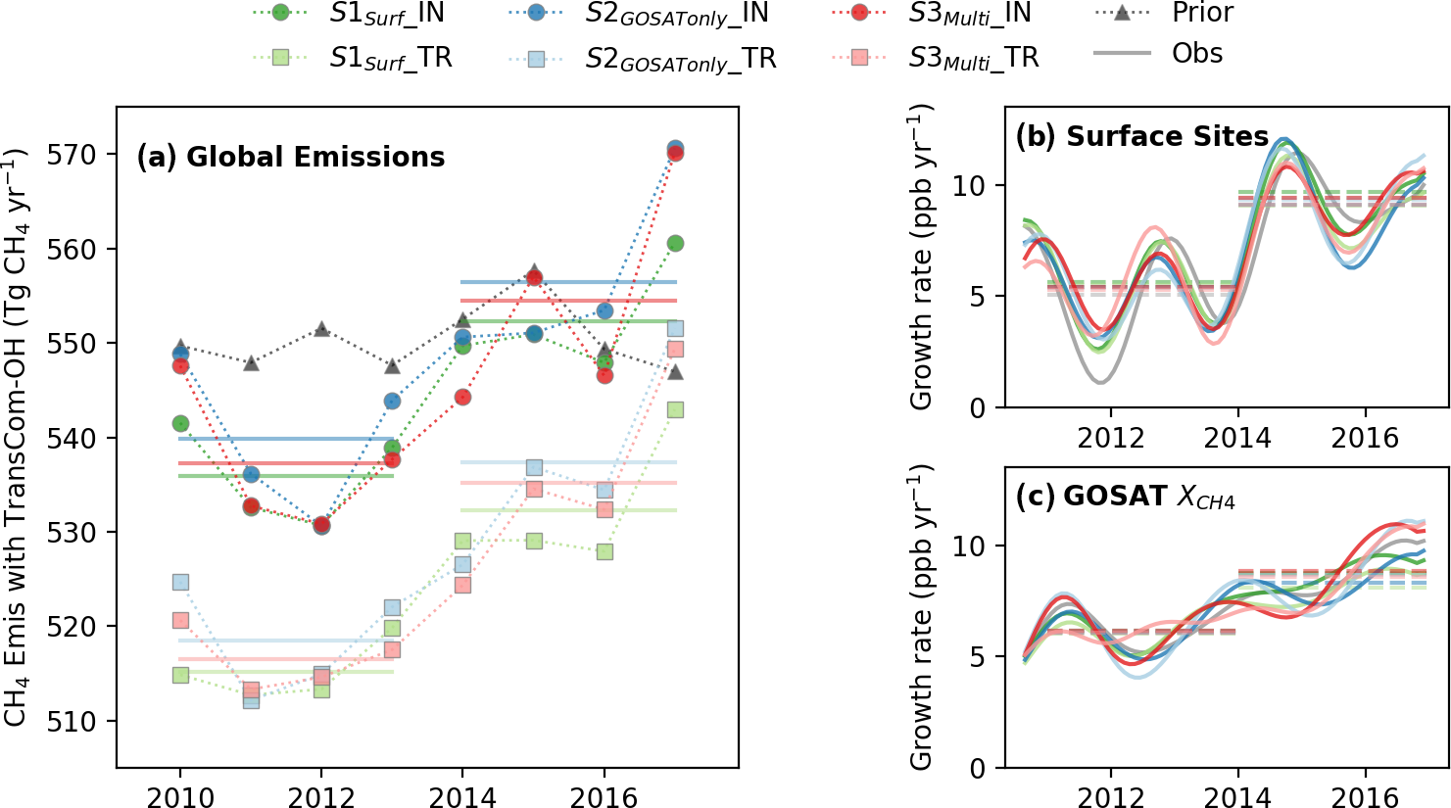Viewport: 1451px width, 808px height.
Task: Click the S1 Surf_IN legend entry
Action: (386, 14)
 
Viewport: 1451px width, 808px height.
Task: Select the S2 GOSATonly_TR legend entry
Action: (680, 59)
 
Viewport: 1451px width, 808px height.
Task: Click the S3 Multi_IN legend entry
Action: (969, 14)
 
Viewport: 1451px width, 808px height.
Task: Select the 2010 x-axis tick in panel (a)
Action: (180, 796)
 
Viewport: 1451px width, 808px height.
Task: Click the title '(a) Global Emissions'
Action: (291, 157)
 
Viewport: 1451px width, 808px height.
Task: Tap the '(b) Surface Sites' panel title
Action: (1142, 136)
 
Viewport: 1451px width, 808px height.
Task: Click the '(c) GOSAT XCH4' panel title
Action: (1125, 498)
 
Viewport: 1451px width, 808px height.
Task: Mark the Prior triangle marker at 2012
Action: (321, 329)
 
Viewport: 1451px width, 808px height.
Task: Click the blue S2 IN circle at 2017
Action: (675, 149)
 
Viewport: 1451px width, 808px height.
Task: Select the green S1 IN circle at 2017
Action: (675, 243)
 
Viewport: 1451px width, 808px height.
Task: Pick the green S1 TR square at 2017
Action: (675, 409)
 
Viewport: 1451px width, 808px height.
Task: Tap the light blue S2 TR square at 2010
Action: (180, 582)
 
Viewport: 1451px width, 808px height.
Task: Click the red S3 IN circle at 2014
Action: (462, 397)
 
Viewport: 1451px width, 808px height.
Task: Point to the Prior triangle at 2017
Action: (675, 372)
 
